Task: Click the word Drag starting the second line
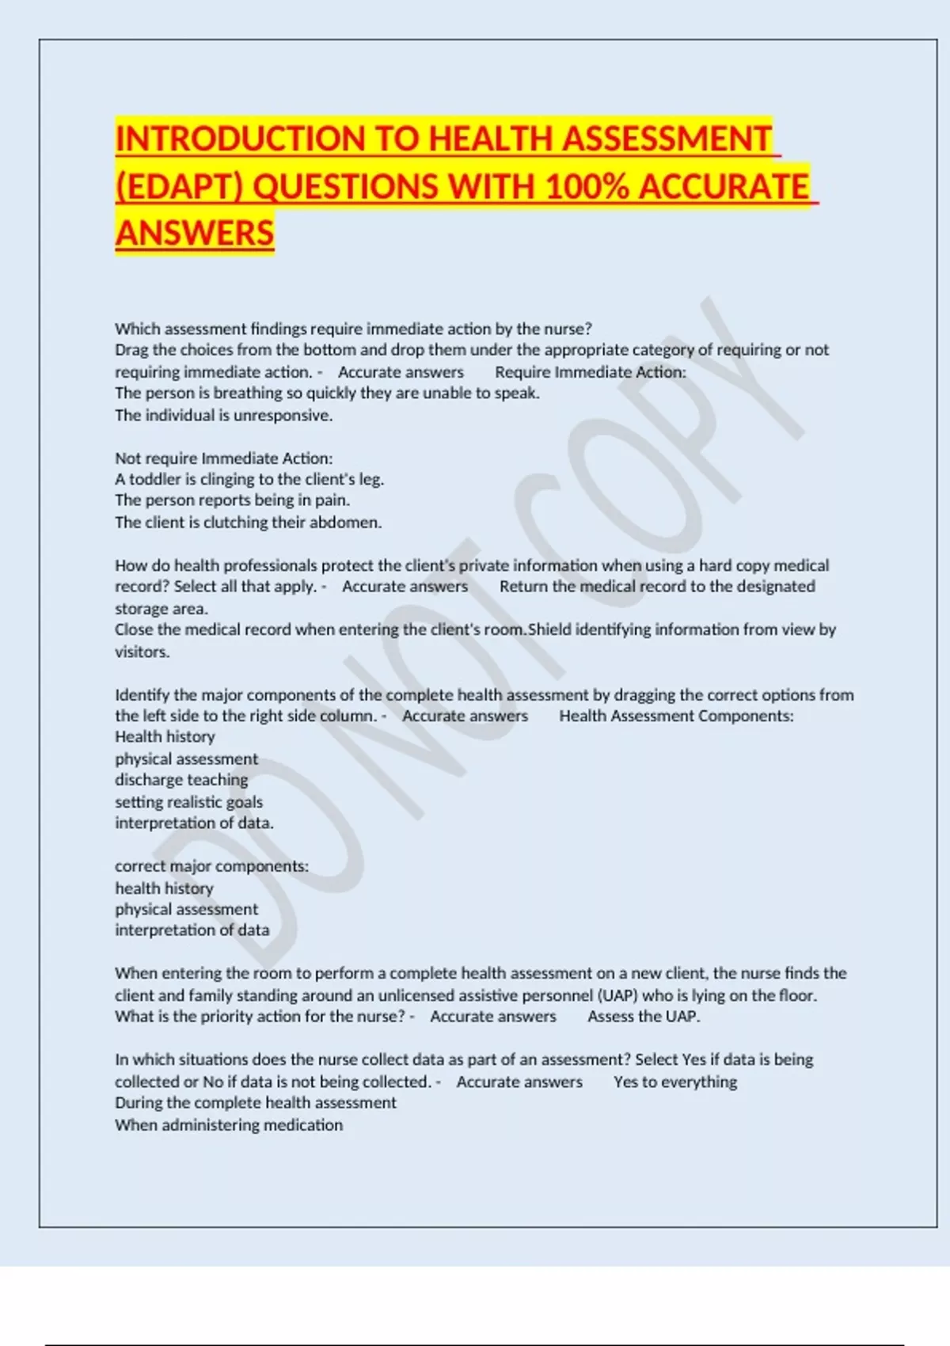point(131,350)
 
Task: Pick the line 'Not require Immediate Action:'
point(224,458)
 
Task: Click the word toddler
point(155,479)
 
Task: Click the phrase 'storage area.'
point(161,608)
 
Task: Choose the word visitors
point(142,652)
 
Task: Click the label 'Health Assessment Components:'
point(676,716)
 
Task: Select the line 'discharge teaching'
point(181,780)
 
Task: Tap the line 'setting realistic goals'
point(188,801)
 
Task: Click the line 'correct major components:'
point(211,866)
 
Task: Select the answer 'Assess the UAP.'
point(644,1017)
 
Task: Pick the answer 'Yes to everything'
point(675,1082)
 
